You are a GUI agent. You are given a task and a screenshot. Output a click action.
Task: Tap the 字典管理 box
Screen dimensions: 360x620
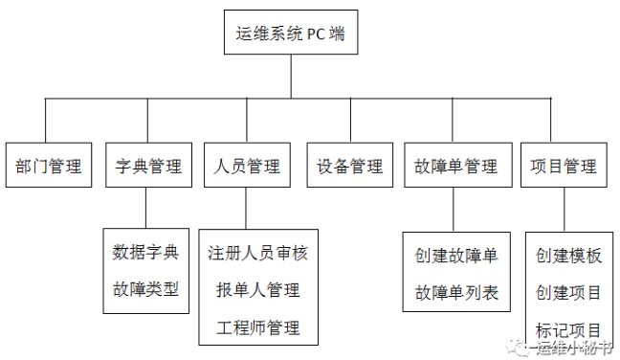[x=148, y=166]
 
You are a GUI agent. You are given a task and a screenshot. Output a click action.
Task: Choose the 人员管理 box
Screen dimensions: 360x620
[x=247, y=166]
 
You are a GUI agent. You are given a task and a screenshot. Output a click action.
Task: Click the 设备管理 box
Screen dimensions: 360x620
[x=349, y=166]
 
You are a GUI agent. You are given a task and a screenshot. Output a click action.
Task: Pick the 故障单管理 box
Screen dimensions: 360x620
[x=455, y=166]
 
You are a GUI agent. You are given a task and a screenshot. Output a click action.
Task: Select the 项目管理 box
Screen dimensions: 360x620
[x=564, y=166]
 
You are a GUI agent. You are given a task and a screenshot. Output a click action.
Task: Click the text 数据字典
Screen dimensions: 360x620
[x=145, y=253]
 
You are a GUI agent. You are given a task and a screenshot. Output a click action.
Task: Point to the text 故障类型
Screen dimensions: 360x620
[x=145, y=288]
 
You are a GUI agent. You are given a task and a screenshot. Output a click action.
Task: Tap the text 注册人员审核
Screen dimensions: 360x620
[x=257, y=254]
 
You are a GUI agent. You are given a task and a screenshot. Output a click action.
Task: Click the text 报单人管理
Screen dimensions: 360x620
[x=257, y=290]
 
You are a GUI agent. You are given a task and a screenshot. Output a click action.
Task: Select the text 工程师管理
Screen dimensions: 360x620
[x=257, y=327]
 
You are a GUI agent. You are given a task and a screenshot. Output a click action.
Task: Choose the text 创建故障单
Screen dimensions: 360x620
[x=456, y=257]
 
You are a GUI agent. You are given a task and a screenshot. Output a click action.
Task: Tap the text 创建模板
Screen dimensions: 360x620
[x=568, y=256]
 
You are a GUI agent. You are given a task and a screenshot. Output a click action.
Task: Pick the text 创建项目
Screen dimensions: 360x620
[x=568, y=292]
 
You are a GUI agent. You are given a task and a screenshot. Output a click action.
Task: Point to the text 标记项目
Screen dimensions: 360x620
[x=568, y=328]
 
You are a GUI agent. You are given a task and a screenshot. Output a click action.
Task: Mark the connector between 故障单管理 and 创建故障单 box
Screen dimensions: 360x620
[x=455, y=210]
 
